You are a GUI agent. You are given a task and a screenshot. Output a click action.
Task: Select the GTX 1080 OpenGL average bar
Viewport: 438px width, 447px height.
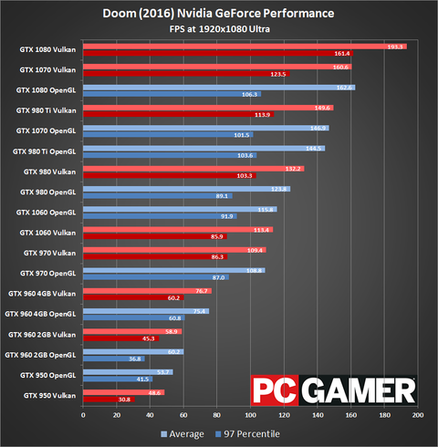coord(218,87)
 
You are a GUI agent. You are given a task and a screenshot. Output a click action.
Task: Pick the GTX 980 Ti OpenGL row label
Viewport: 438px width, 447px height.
coord(46,151)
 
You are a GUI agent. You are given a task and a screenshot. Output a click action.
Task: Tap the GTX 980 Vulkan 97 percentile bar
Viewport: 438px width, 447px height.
coord(169,175)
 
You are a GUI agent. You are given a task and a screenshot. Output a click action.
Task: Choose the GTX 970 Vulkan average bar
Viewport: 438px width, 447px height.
coord(174,249)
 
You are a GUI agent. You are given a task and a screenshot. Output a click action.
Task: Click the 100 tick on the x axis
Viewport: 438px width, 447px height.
coord(250,416)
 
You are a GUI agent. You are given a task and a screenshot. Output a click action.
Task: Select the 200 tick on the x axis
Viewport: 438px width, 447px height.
coord(417,416)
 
